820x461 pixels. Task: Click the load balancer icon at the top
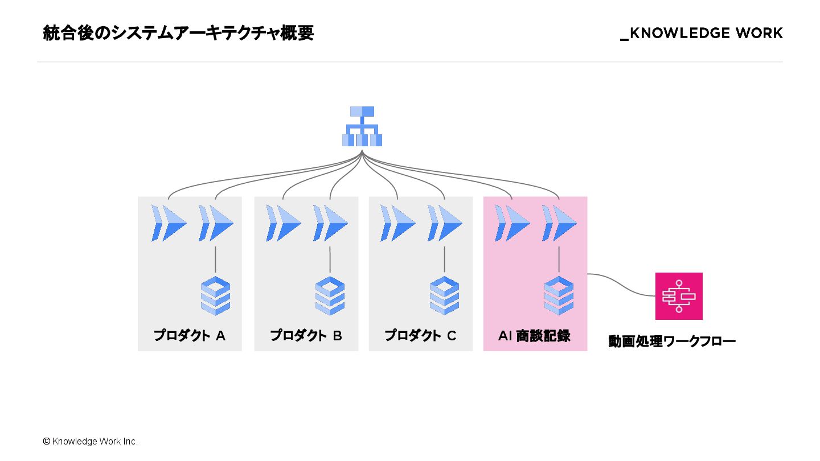(x=362, y=126)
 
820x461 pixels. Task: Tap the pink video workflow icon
(x=679, y=296)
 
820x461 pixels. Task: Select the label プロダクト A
(x=190, y=336)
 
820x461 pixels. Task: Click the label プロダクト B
(x=306, y=336)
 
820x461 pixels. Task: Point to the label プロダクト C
(x=420, y=336)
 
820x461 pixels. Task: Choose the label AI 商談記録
(x=534, y=336)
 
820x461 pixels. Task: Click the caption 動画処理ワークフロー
(x=672, y=341)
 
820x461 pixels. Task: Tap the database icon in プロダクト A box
(x=215, y=295)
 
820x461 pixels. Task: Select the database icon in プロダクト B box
(x=330, y=295)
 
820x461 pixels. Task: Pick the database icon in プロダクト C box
(x=445, y=295)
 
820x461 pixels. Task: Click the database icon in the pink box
(x=559, y=295)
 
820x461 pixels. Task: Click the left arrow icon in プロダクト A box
(x=169, y=223)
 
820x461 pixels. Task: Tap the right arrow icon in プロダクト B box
(x=330, y=223)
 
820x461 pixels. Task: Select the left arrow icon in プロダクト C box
(x=397, y=223)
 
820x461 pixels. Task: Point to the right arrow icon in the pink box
(x=559, y=223)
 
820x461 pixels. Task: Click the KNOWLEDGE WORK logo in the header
(x=702, y=34)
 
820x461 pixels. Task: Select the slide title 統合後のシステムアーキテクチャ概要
(x=178, y=34)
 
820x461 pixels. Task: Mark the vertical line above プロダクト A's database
(x=215, y=260)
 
